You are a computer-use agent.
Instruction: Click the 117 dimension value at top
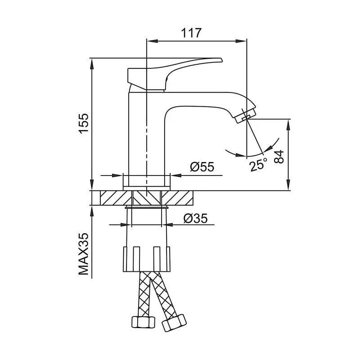tap(191, 33)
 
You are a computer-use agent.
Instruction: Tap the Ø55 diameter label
tap(202, 167)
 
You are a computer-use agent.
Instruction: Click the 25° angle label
tap(259, 165)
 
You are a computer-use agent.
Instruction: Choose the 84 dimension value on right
tap(279, 156)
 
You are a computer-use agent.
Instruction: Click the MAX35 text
tap(84, 254)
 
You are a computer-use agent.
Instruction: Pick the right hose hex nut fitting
tap(173, 322)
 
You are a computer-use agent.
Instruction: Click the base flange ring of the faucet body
tap(147, 180)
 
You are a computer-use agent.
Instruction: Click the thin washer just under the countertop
tap(147, 207)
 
